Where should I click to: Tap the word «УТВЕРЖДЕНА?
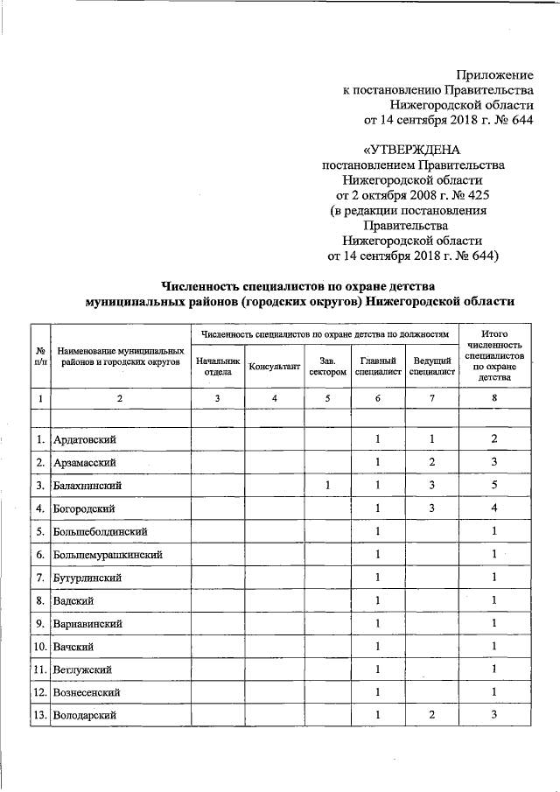pos(411,150)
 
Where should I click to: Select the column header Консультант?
pos(274,366)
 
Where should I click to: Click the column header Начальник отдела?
pos(217,366)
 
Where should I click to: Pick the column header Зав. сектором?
pos(326,366)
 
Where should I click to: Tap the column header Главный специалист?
pos(378,366)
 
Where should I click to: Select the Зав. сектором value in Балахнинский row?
pos(326,485)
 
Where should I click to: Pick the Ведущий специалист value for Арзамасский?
pos(431,461)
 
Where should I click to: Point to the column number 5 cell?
pos(326,399)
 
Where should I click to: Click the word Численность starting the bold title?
pos(203,285)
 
